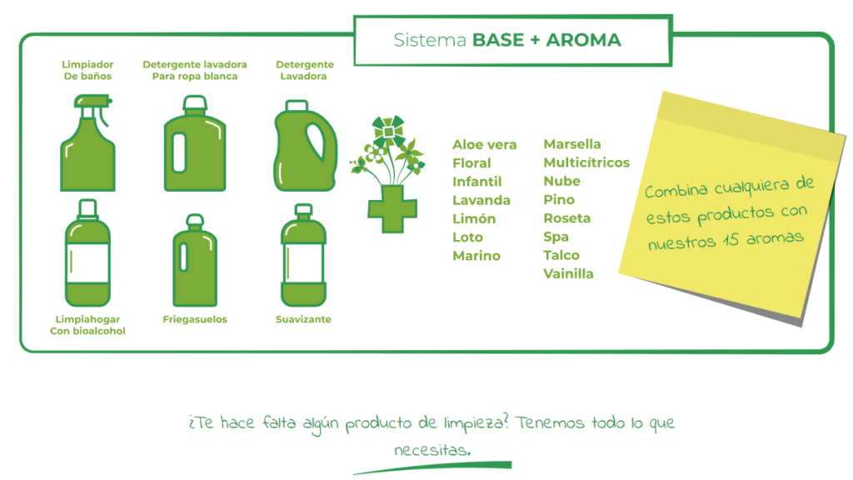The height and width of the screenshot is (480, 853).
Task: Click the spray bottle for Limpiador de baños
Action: coord(87,147)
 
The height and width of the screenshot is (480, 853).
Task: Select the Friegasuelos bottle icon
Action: coord(195,260)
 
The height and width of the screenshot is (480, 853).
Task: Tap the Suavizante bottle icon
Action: coord(303,255)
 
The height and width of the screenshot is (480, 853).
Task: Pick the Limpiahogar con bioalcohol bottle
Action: coord(87,253)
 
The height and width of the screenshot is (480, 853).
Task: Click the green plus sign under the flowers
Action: coord(392,209)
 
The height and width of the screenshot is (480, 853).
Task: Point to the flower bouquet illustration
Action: coord(387,150)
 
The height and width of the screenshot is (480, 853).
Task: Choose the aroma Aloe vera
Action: coord(484,145)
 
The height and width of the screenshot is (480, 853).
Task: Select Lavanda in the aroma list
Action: coord(481,200)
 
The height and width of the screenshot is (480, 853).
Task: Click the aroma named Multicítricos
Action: coord(586,162)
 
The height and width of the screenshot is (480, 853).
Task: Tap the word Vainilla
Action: coord(568,273)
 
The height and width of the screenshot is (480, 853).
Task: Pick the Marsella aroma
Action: coord(572,144)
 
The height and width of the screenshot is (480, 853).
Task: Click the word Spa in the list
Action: coord(556,237)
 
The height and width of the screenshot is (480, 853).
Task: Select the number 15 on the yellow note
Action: coord(731,240)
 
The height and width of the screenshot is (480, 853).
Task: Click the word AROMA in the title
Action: coord(583,40)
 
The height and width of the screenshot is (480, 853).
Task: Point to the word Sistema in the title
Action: coord(430,40)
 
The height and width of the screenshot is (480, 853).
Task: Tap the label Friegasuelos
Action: coord(195,319)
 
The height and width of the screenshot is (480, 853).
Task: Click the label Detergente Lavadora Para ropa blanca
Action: coord(195,70)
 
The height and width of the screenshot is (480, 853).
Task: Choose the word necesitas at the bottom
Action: coord(431,450)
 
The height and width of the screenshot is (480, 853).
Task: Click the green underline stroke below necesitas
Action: coord(432,468)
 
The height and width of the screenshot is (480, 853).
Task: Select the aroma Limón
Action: coord(474,219)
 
